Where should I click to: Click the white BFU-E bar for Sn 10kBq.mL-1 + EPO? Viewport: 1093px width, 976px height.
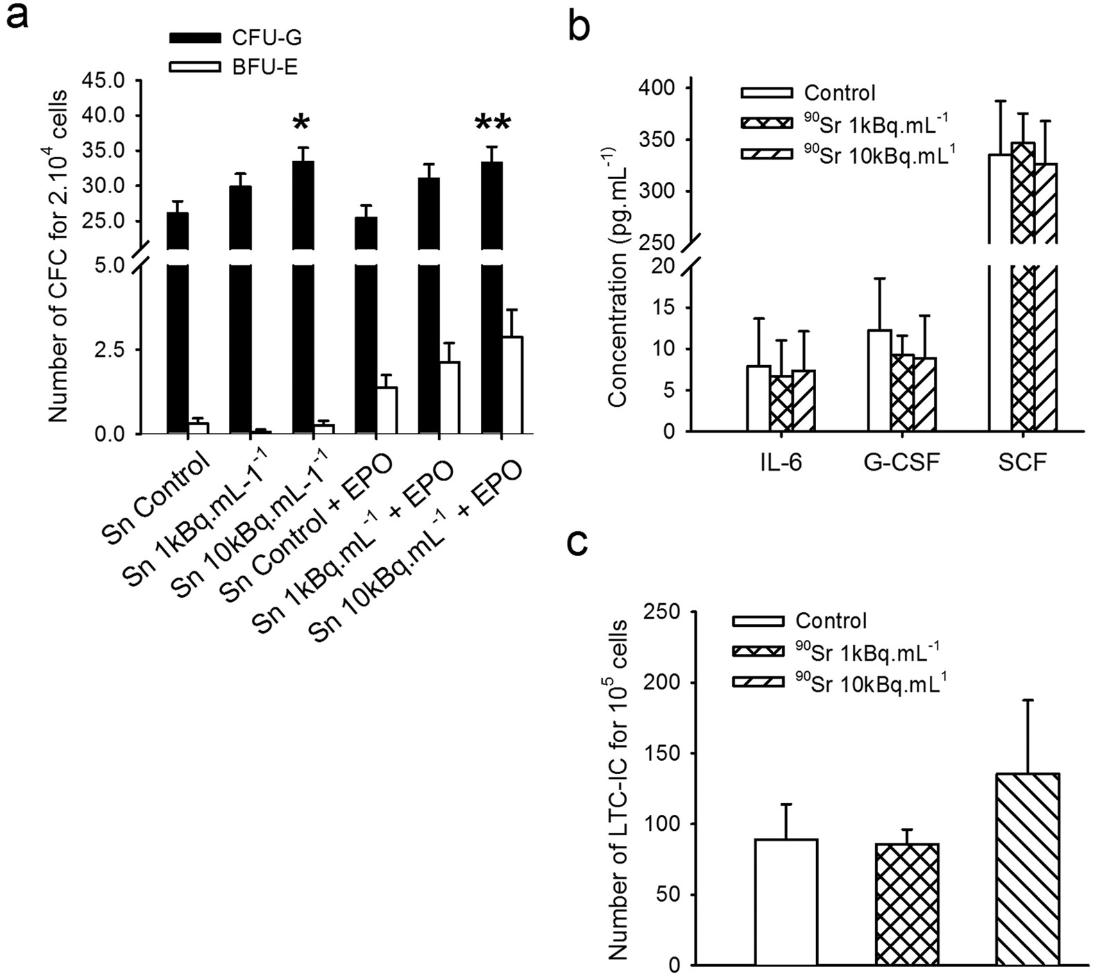tap(512, 385)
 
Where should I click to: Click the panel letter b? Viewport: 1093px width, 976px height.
tap(579, 26)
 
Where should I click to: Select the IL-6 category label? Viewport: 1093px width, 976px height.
tap(780, 462)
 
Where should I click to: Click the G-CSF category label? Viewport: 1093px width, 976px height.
tap(901, 462)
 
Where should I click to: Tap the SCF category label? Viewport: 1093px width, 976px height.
tap(1022, 462)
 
